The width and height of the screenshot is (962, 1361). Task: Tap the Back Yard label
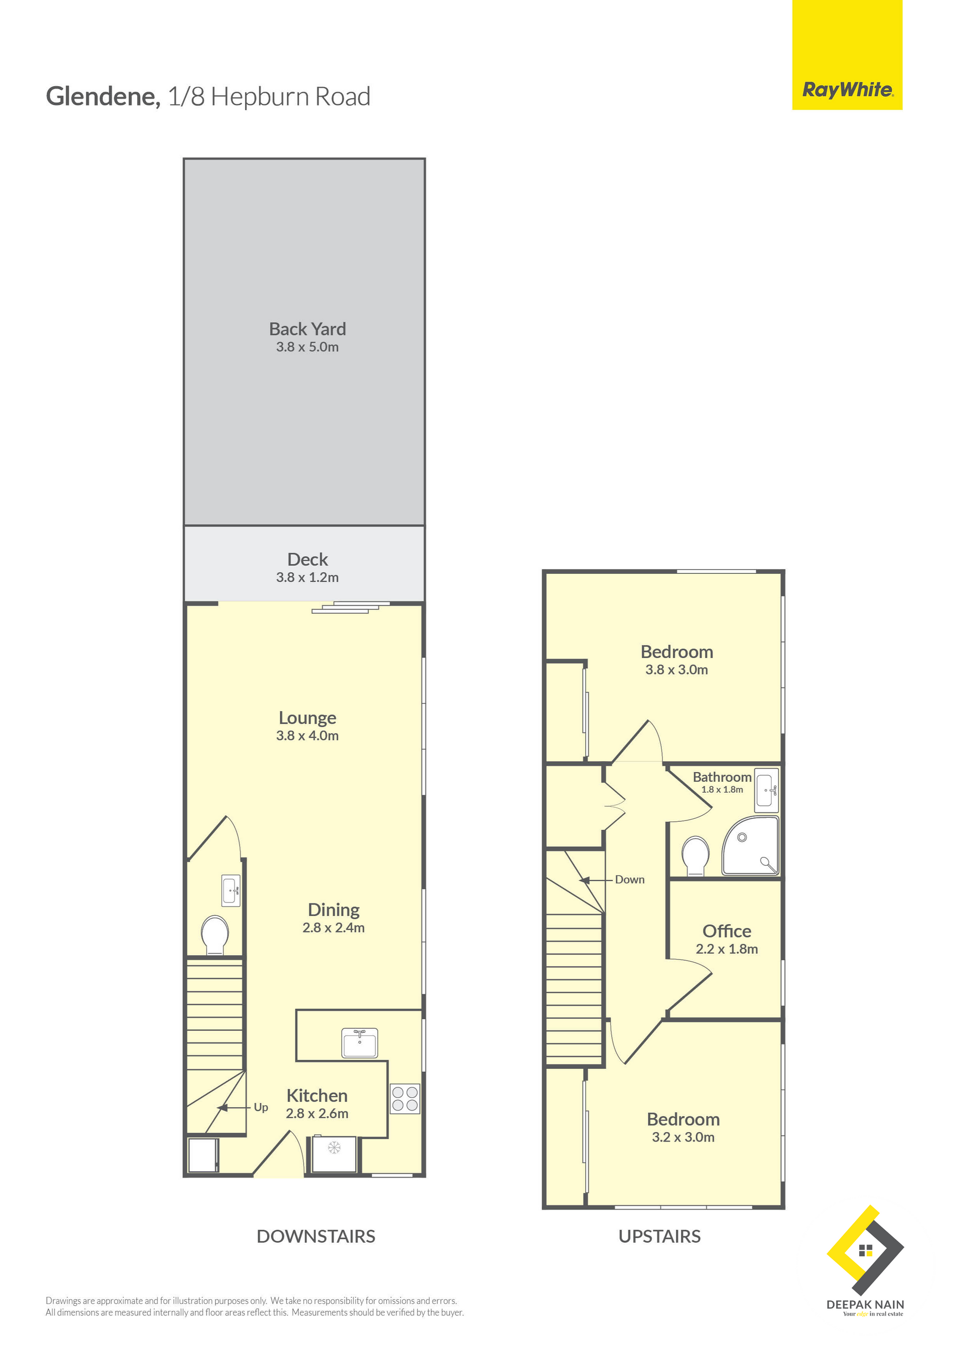pos(307,329)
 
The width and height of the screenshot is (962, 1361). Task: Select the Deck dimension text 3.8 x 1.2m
pos(307,577)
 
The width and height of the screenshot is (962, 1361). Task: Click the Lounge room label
pos(307,718)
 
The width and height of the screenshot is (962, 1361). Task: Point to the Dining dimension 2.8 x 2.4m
pos(333,928)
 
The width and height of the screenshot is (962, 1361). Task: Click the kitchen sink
pos(359,1043)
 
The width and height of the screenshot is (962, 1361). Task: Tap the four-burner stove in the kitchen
pos(405,1098)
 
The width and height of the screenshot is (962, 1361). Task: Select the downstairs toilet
pos(214,936)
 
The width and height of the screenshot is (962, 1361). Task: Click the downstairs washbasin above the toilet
pos(231,890)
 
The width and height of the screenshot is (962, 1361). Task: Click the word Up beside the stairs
pos(261,1107)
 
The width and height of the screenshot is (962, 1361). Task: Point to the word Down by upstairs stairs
pos(629,879)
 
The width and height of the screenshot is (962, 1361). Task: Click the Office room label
pos(727,931)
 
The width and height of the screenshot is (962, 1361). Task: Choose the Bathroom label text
pos(722,777)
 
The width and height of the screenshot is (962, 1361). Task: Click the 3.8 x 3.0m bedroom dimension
pos(676,670)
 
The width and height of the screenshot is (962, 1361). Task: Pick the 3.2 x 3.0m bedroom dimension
pos(683,1138)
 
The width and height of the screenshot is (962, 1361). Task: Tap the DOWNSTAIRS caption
pos(316,1237)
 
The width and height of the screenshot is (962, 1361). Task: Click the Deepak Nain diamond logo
pos(865,1250)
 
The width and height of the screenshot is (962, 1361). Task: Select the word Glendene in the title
pos(103,97)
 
